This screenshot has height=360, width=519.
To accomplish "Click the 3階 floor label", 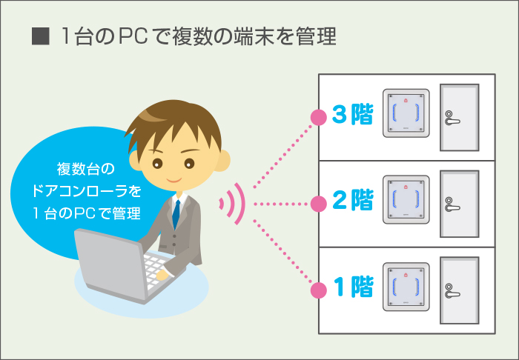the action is (x=352, y=114).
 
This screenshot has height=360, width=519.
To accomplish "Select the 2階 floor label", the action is (x=352, y=200).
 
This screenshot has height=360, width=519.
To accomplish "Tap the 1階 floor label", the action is (x=353, y=286).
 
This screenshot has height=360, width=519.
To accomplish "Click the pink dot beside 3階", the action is (x=319, y=117).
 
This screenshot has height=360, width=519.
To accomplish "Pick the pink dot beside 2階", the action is (x=319, y=204).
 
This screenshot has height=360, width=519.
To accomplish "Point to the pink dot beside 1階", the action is (x=319, y=290).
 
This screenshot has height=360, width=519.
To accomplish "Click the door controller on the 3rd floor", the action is (x=406, y=113).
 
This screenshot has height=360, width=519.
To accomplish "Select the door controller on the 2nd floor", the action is (x=406, y=200).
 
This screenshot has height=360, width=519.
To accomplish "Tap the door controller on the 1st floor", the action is (x=406, y=287).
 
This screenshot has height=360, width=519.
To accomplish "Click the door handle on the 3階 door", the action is (x=452, y=118).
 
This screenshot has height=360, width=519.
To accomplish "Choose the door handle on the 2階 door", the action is (x=452, y=204).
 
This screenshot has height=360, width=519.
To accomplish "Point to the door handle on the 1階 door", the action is (x=452, y=291).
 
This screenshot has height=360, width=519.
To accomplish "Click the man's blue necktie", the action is (x=176, y=214).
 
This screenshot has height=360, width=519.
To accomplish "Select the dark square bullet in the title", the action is (x=40, y=36).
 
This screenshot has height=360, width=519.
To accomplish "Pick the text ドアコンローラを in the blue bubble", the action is (x=87, y=191).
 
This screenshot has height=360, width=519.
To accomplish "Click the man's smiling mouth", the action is (x=173, y=181).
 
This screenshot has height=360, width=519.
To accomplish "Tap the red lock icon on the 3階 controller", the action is (x=406, y=100).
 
